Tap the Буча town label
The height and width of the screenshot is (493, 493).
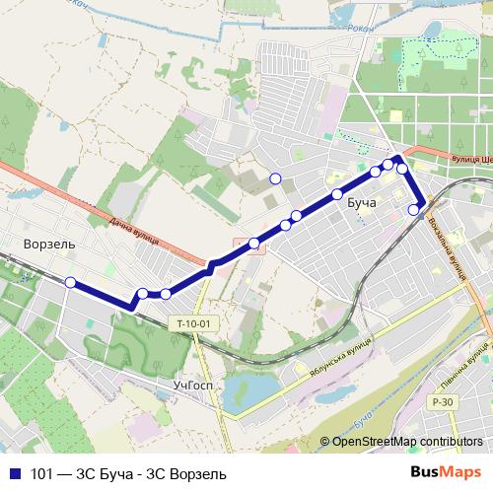362,202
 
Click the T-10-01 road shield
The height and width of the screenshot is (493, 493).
193,323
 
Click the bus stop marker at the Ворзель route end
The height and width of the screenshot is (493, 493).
70,283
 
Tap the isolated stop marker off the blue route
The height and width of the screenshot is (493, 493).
275,178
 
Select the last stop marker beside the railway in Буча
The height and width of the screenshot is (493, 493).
414,208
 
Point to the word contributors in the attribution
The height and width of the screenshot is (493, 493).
453,442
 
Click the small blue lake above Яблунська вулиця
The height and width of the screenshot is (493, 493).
242,391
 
